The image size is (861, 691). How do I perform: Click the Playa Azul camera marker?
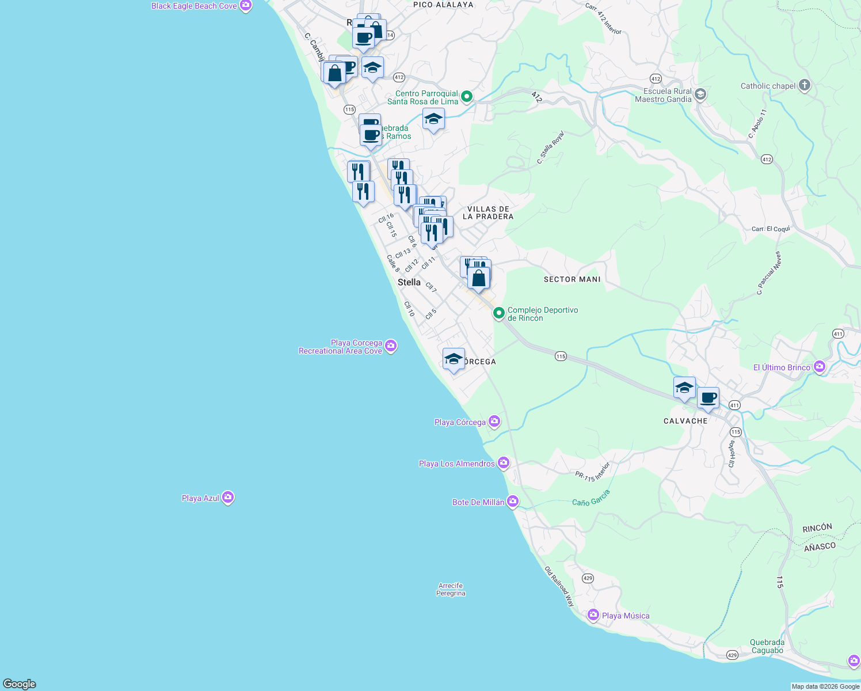[x=228, y=498]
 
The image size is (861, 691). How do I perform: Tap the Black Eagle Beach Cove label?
[x=194, y=6]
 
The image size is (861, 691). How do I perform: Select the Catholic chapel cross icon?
[x=805, y=86]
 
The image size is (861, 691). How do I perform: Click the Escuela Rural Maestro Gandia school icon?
[x=700, y=94]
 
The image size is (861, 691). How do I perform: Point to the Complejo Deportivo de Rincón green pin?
[x=499, y=313]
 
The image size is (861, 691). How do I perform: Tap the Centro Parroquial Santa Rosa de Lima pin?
[x=467, y=97]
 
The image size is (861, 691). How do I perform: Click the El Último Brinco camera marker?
[x=820, y=367]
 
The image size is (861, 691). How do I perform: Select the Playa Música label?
[x=626, y=616]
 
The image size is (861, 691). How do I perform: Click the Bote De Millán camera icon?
[x=512, y=502]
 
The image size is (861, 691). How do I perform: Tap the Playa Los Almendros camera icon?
[x=504, y=463]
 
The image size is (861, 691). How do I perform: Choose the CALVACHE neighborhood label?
[x=685, y=421]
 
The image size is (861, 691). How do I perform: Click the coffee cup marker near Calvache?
[x=708, y=398]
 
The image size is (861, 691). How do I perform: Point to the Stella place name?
[x=409, y=282]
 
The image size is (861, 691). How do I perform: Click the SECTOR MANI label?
[x=572, y=279]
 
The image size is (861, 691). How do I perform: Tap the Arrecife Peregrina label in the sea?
[x=451, y=590]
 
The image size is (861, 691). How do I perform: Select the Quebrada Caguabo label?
[x=767, y=646]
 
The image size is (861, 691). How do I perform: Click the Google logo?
[x=20, y=684]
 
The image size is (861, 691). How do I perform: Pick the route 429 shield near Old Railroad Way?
[x=588, y=578]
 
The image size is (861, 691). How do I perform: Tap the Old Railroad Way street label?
[x=559, y=586]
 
